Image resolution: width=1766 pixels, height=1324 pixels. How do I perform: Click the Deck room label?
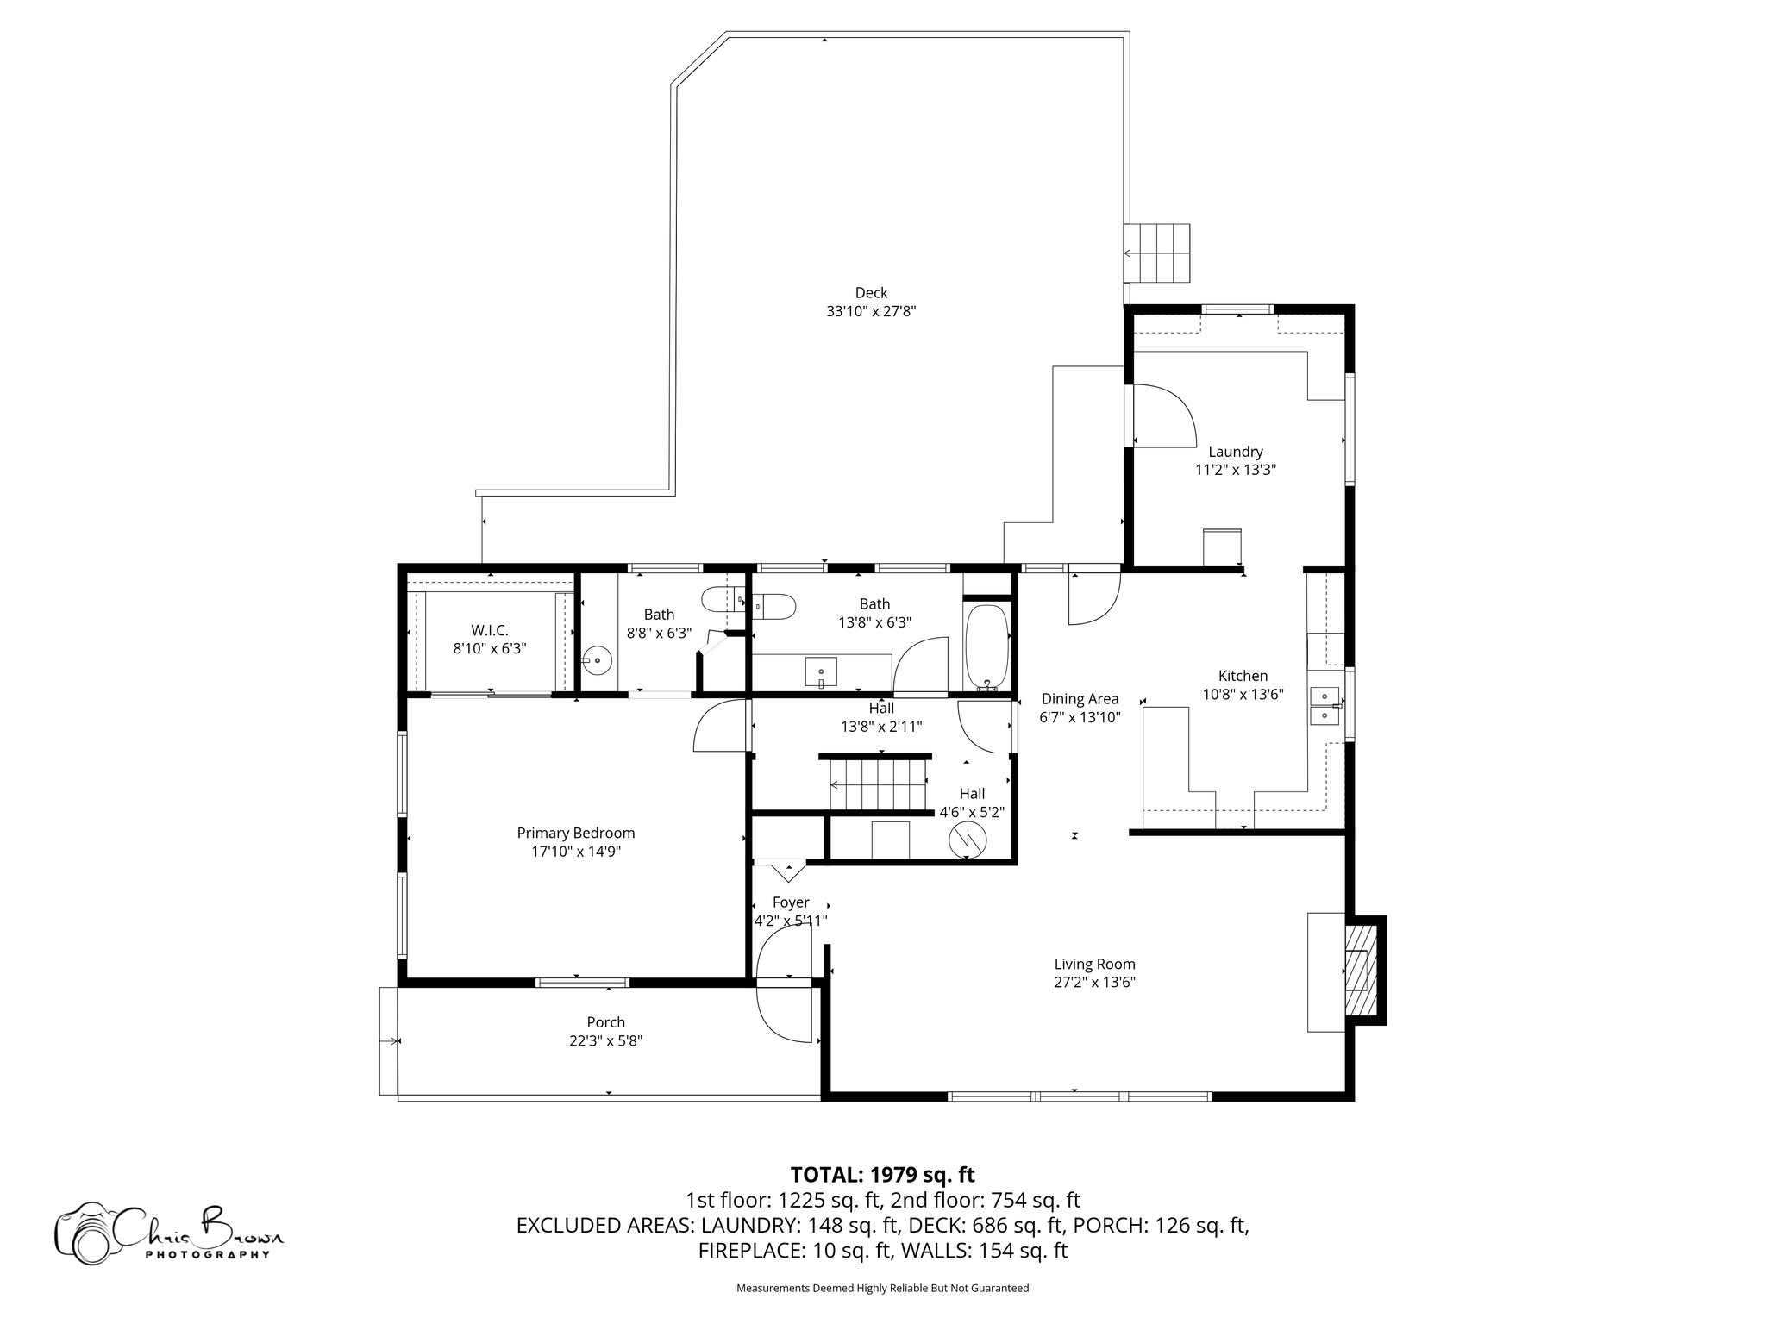point(871,293)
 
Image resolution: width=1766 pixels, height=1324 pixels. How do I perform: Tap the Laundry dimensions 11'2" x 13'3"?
point(1235,470)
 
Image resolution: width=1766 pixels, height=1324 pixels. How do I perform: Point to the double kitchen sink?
point(1324,706)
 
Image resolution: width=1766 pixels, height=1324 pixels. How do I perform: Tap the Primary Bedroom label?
point(575,833)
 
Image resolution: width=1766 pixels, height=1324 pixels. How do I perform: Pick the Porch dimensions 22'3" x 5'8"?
point(605,1040)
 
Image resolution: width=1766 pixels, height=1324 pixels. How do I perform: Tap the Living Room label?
point(1094,964)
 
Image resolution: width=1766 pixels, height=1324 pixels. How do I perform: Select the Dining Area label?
point(1080,699)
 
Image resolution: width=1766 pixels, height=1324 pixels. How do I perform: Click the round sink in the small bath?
point(597,661)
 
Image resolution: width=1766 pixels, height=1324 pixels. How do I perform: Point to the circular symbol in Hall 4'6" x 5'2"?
point(966,839)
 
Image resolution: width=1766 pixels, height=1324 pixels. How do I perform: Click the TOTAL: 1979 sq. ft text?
point(882,1174)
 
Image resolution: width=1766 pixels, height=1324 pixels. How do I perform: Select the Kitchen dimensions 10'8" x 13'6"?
point(1243,694)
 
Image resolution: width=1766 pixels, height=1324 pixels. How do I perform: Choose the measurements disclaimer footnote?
point(882,1288)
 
